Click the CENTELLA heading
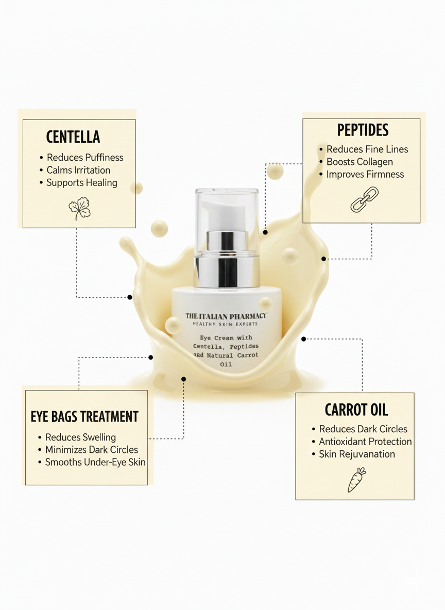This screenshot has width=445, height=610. tap(73, 137)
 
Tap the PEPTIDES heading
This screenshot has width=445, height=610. tap(363, 130)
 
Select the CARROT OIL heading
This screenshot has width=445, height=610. tap(356, 410)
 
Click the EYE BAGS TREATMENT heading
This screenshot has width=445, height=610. tap(84, 416)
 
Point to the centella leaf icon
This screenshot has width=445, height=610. tap(79, 209)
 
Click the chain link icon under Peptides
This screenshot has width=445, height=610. tap(364, 200)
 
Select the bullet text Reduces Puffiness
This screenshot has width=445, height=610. tap(85, 158)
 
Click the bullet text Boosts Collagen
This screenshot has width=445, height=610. tap(360, 162)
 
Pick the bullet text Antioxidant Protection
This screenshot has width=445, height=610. tap(365, 442)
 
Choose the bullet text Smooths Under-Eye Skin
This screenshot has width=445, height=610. tap(95, 462)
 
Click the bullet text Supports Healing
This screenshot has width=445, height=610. tap(82, 183)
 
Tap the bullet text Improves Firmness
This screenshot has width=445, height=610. tap(365, 174)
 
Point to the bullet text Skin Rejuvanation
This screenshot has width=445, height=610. tap(357, 454)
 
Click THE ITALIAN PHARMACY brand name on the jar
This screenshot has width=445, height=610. tap(226, 316)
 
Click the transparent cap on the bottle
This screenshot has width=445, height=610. tap(227, 198)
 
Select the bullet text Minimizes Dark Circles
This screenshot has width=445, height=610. tap(92, 450)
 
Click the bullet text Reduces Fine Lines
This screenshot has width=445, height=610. tap(367, 149)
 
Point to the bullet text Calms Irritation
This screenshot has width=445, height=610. tap(78, 170)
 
